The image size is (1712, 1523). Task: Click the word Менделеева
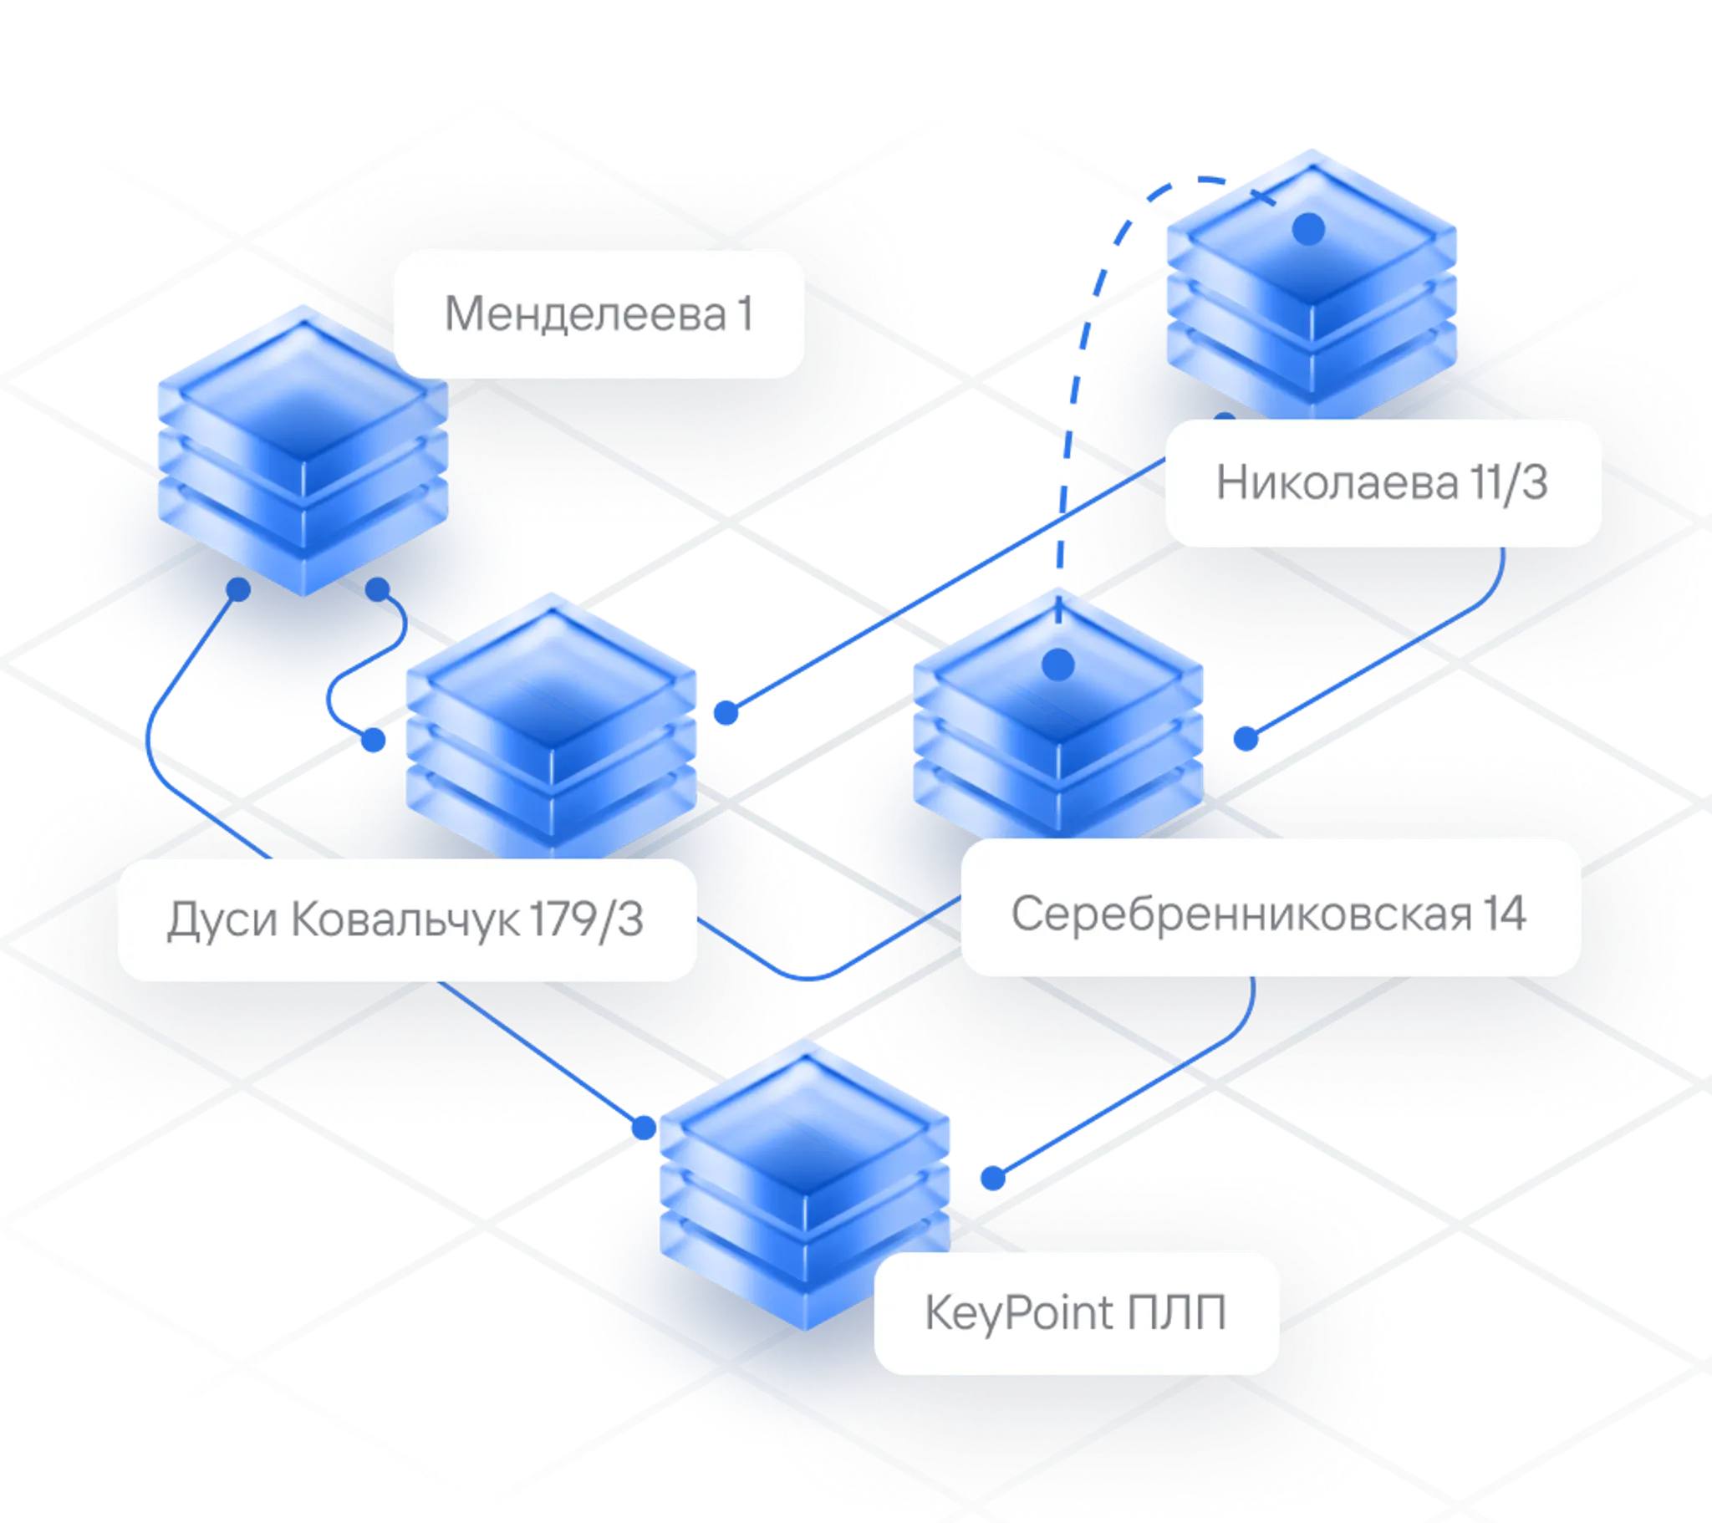[584, 314]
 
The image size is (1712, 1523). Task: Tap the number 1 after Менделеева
[744, 314]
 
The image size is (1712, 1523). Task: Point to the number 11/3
[1507, 483]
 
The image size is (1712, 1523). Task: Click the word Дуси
[223, 919]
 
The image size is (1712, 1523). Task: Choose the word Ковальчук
[405, 919]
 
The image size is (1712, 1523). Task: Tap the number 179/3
[586, 919]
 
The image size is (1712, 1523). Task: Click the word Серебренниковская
[1241, 913]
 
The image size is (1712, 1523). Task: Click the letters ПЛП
[1176, 1312]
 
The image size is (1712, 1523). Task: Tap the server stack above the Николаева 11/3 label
[1312, 285]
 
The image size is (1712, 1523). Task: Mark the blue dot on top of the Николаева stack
[1308, 227]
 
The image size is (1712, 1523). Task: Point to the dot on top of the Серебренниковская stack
[1057, 665]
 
